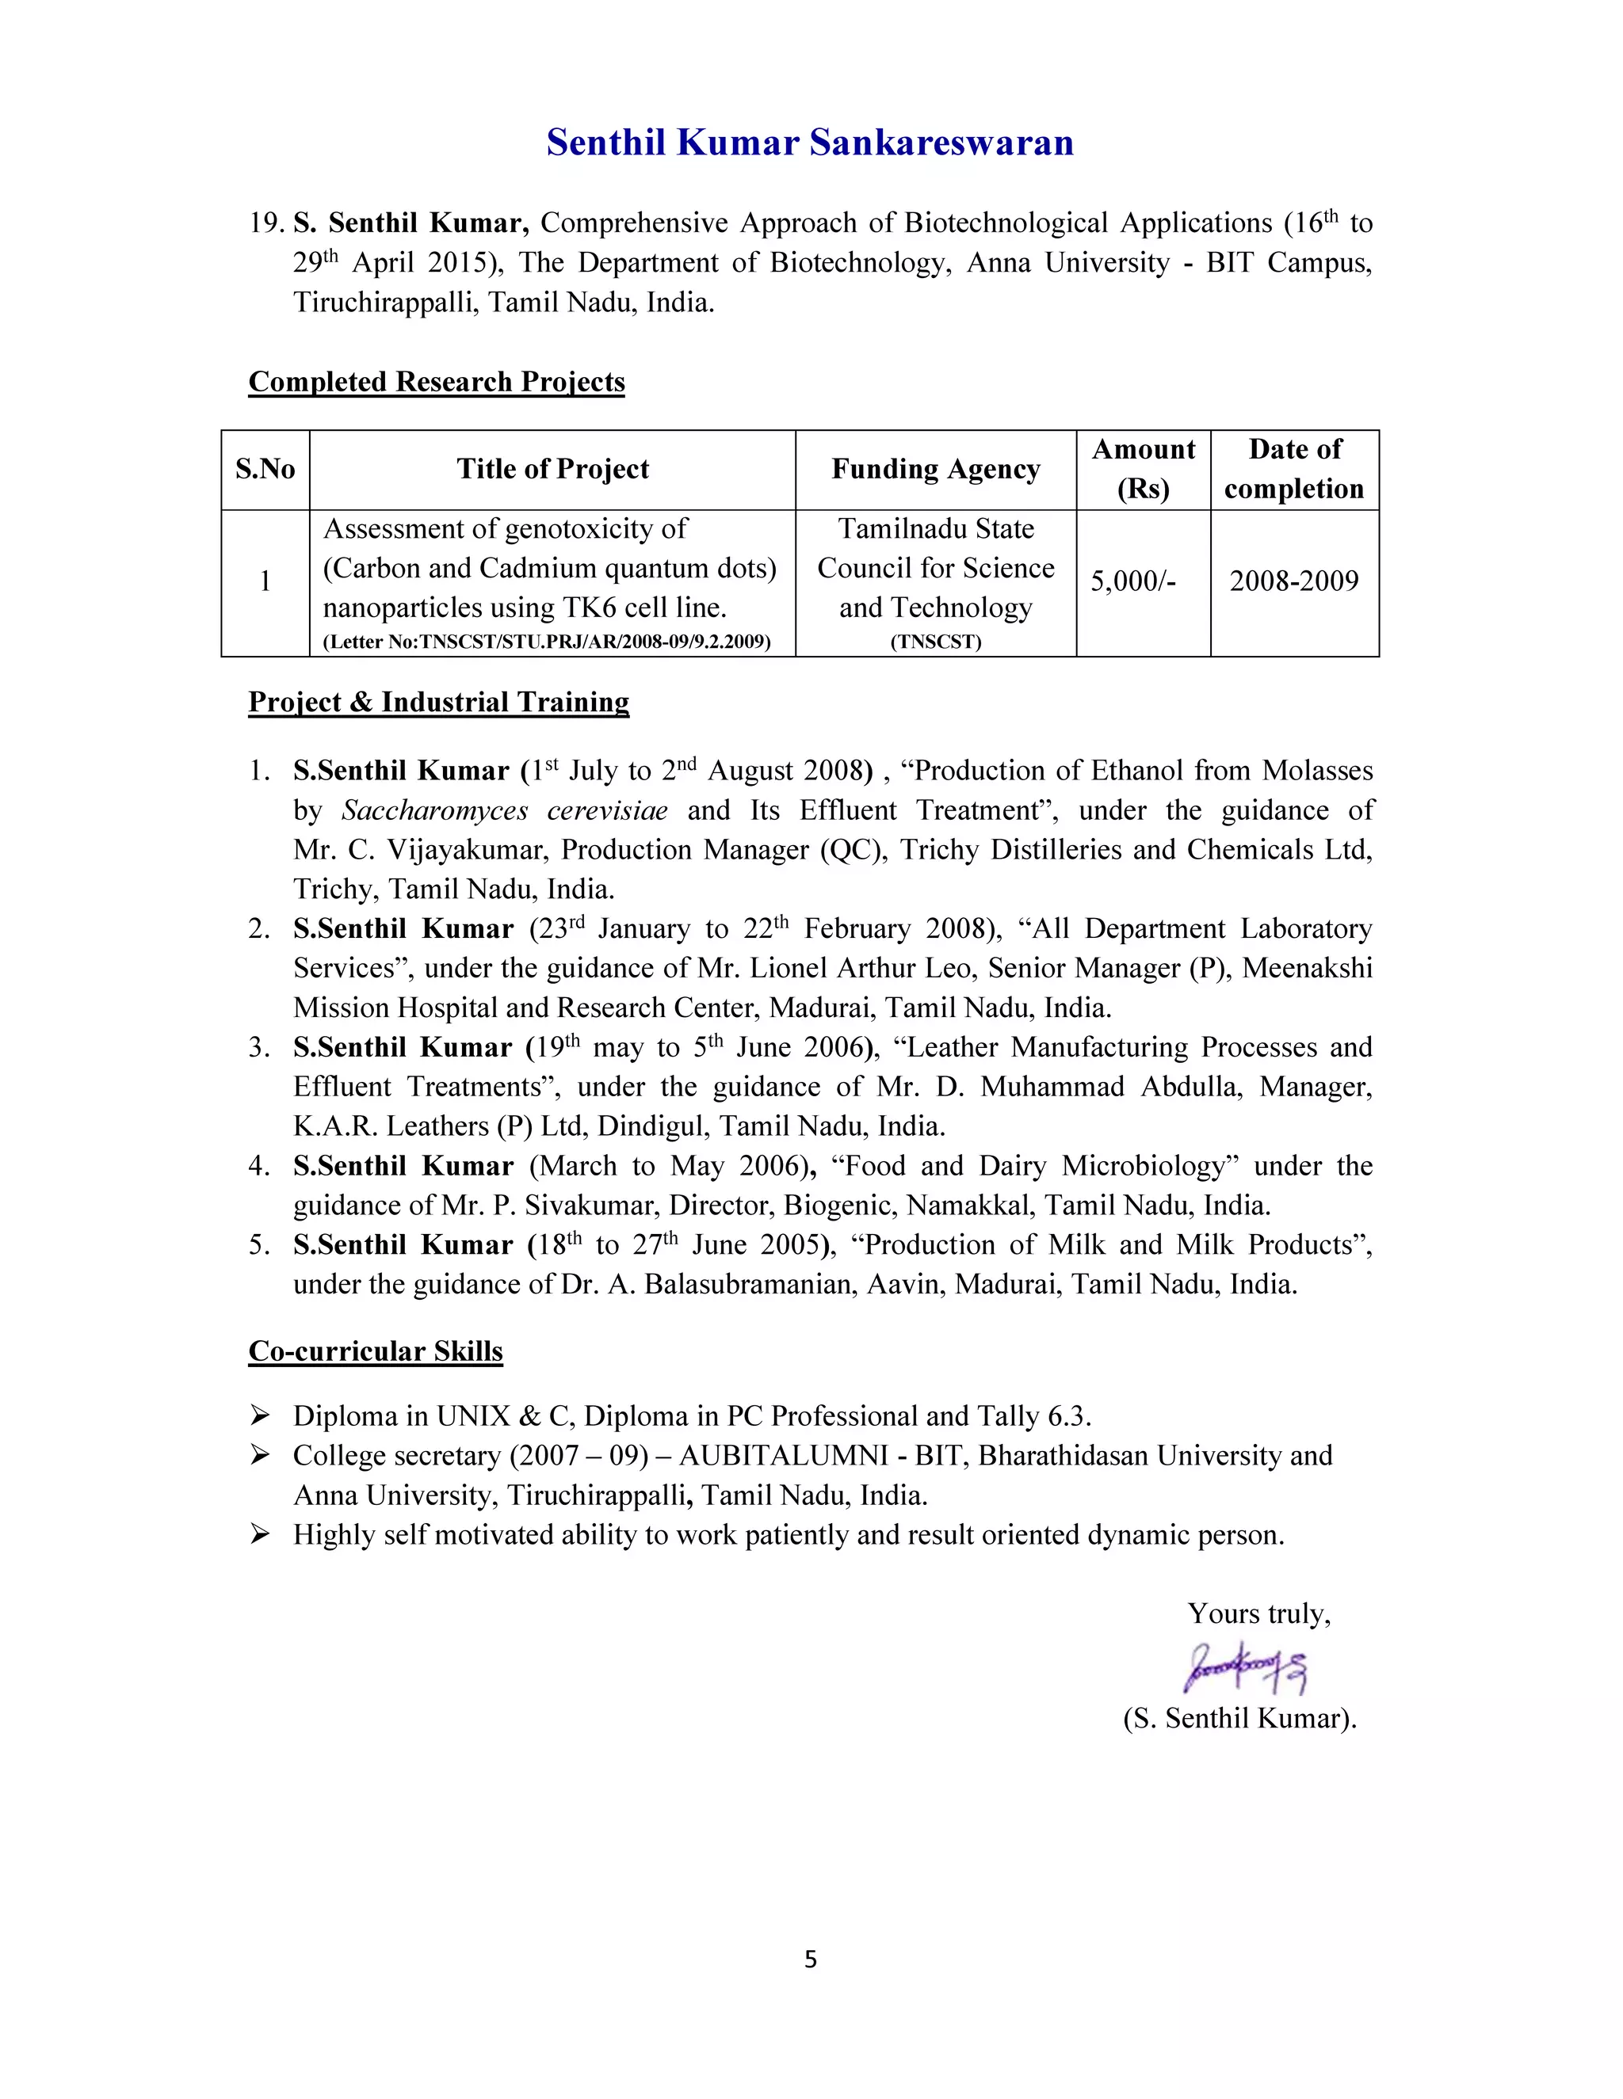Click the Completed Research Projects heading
click(437, 382)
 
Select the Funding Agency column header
click(936, 469)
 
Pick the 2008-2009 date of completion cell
click(1293, 581)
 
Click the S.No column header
click(265, 469)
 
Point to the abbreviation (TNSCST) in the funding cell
click(936, 641)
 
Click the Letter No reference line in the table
click(546, 641)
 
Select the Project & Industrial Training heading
click(438, 702)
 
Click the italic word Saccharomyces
click(434, 810)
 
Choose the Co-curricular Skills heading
click(375, 1351)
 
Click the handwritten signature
click(1246, 1667)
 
